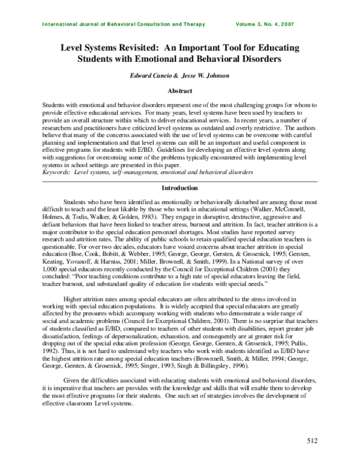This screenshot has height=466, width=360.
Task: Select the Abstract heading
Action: [179, 91]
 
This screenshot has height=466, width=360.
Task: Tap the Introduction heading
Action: [180, 188]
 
